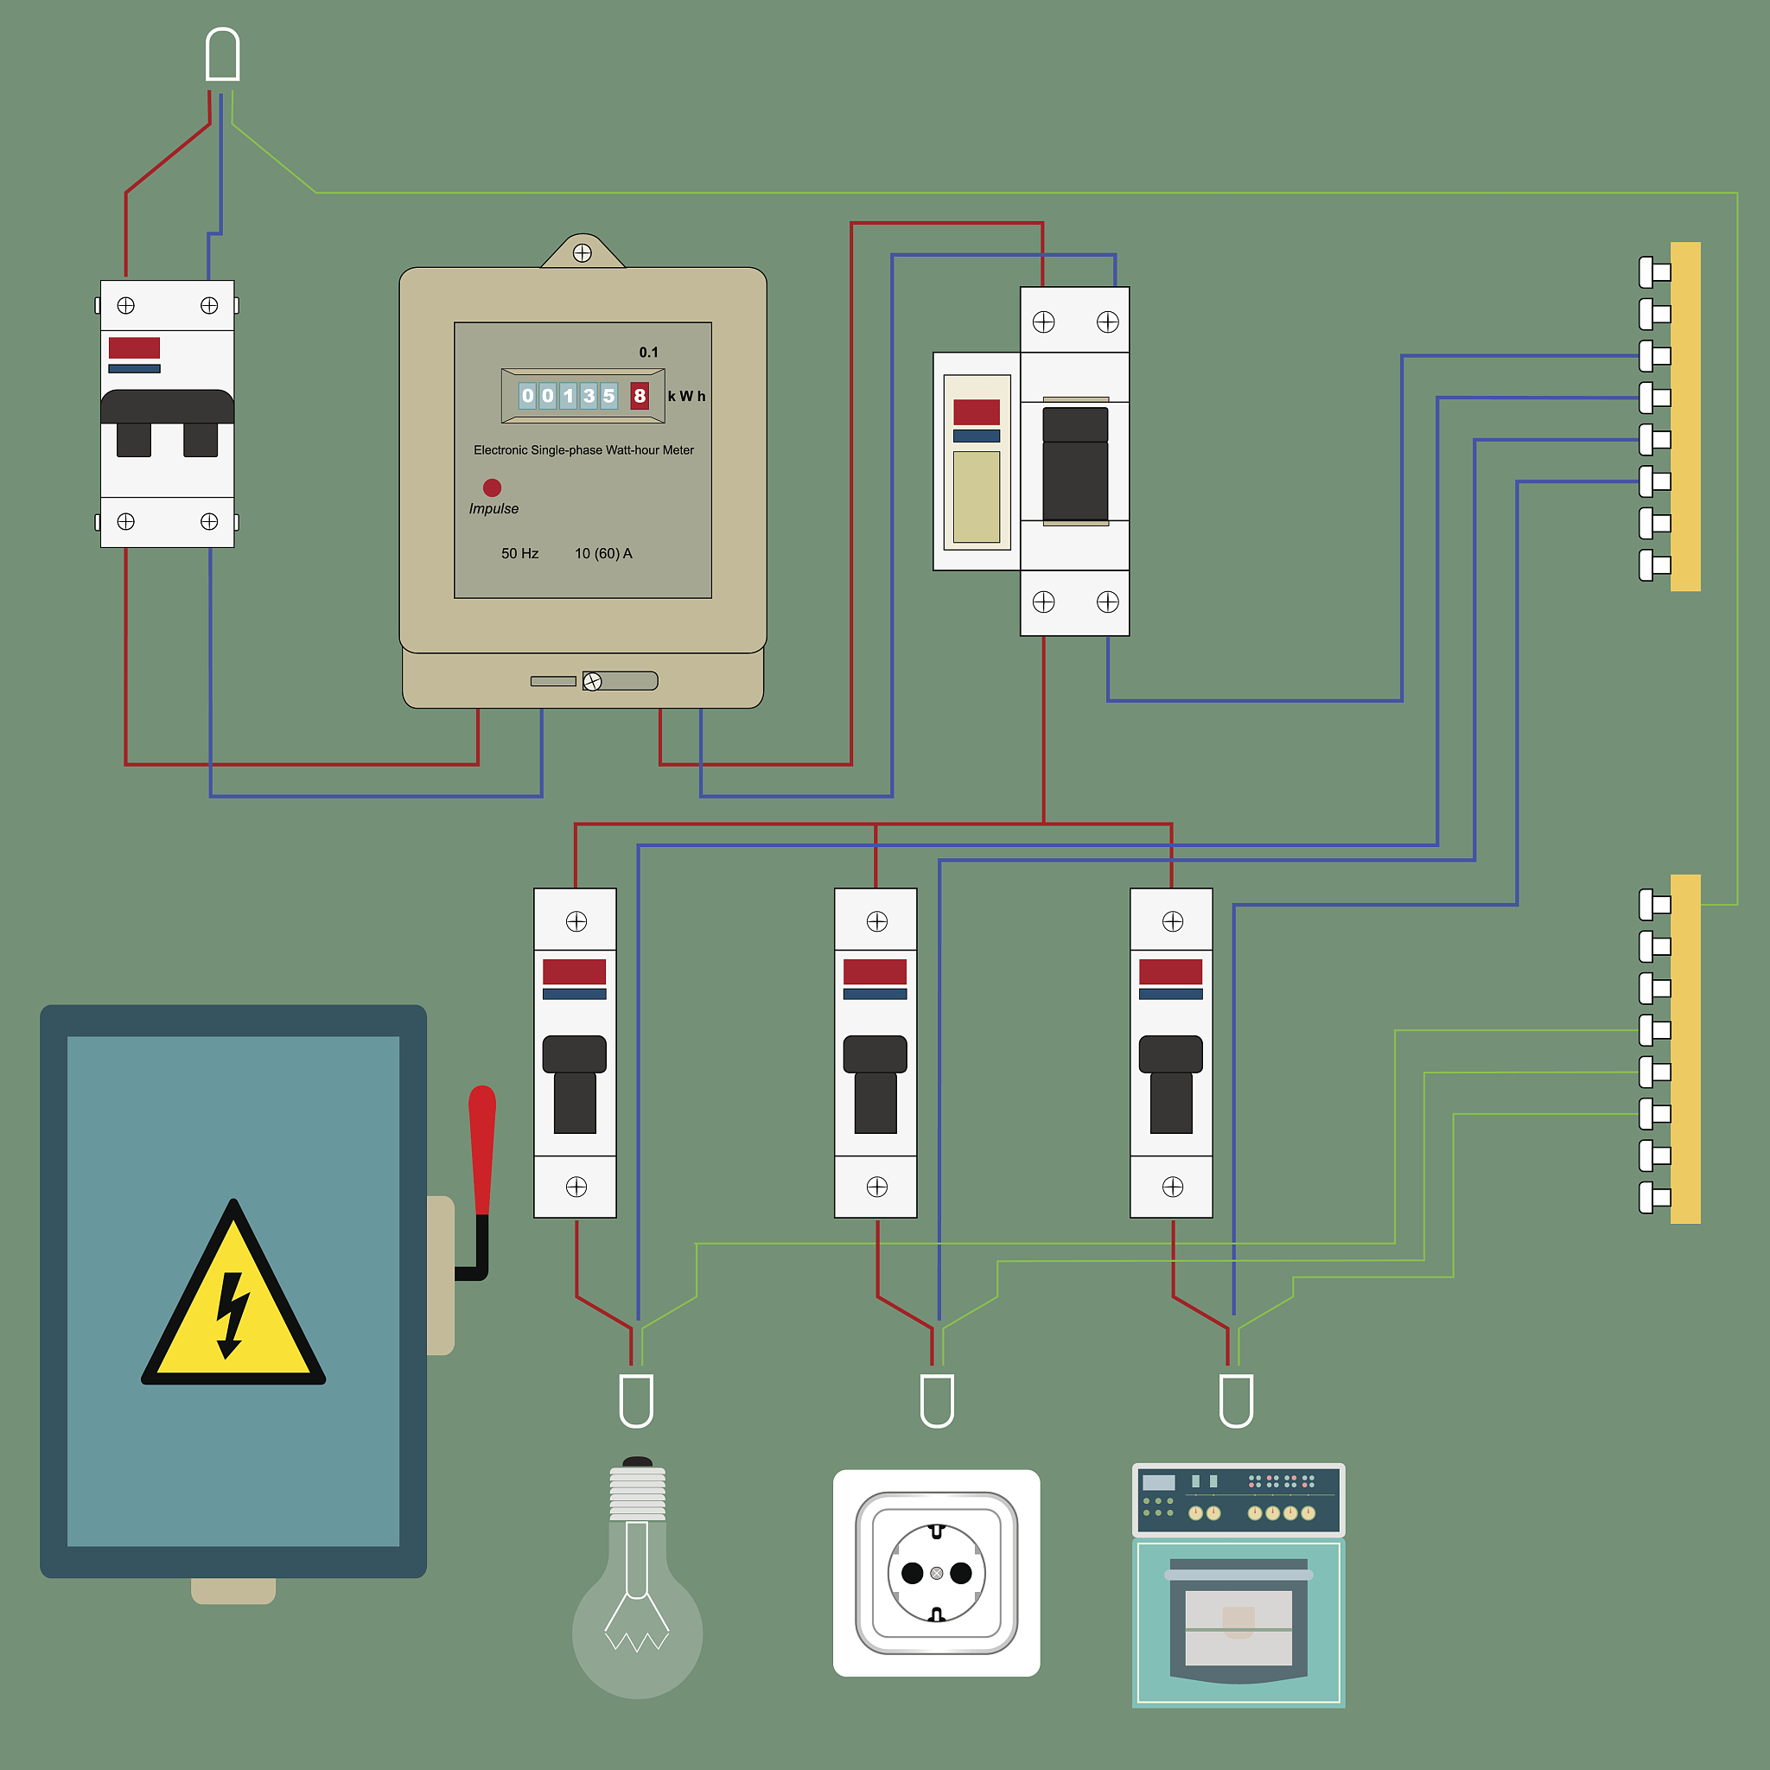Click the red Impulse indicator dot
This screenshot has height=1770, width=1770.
click(x=492, y=487)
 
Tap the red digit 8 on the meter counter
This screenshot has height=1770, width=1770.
click(x=640, y=396)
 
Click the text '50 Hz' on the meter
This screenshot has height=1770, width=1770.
click(x=519, y=553)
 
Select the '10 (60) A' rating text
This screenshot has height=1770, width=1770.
click(x=603, y=553)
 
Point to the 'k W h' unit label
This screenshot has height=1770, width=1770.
click(x=686, y=396)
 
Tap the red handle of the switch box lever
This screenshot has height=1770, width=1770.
click(x=482, y=1150)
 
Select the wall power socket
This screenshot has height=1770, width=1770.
click(x=936, y=1573)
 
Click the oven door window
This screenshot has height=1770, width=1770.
click(x=1238, y=1628)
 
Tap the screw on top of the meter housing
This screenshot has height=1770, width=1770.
click(x=582, y=253)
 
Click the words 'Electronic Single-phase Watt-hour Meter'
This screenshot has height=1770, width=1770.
click(x=583, y=449)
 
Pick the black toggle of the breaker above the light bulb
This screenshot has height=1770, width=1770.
click(x=575, y=1085)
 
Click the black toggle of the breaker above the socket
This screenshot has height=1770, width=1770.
click(x=875, y=1085)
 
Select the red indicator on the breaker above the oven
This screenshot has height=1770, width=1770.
click(x=1171, y=971)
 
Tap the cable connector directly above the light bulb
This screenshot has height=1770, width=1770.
click(x=637, y=1401)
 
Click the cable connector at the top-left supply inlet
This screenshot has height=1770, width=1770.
click(x=223, y=54)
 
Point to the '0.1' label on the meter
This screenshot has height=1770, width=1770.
click(x=649, y=353)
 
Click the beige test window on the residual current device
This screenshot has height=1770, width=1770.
click(x=977, y=497)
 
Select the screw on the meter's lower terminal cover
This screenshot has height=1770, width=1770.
click(x=593, y=682)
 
